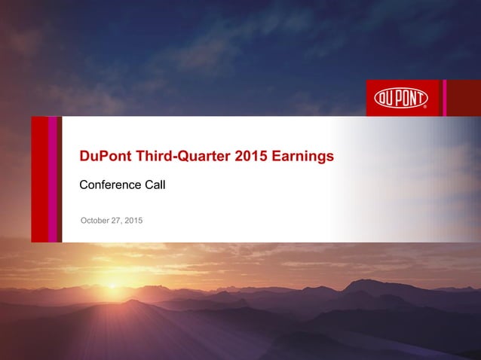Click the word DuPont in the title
106,157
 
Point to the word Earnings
303,157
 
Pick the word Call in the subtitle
154,185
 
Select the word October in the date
95,220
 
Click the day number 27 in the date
117,220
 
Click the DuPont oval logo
401,98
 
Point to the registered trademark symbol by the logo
425,108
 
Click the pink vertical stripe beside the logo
445,98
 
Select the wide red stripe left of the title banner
39,179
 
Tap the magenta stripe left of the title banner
53,179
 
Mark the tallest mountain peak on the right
360,282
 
